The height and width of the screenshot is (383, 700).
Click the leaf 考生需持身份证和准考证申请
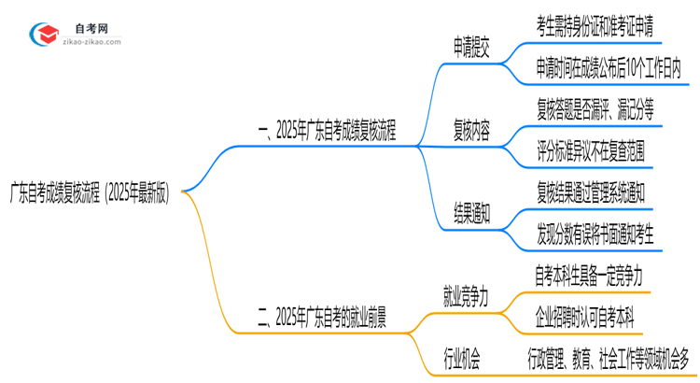[x=595, y=26]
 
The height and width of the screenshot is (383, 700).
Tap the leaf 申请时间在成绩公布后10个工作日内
[x=608, y=67]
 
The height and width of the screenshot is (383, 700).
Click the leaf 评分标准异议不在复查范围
[x=590, y=150]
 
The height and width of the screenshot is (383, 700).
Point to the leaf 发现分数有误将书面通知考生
[x=595, y=234]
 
